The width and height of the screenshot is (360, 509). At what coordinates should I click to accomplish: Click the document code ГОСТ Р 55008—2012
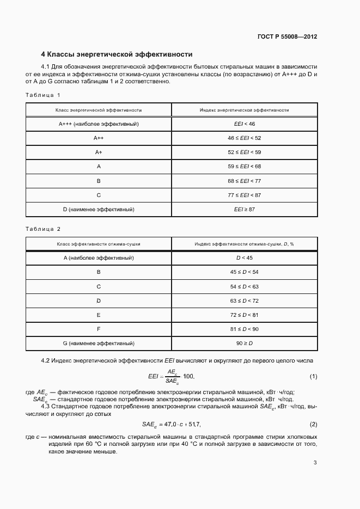tap(287, 36)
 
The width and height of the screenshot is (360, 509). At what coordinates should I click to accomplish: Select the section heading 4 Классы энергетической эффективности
tap(117, 54)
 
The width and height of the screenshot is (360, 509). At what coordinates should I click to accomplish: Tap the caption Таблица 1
tap(42, 95)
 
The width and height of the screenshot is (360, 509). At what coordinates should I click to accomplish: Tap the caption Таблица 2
tap(42, 229)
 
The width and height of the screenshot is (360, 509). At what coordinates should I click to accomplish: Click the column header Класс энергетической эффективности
tap(99, 110)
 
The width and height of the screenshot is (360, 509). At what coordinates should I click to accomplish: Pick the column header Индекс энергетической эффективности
tap(245, 110)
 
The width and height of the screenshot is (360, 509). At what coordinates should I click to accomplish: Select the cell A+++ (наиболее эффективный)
tap(99, 124)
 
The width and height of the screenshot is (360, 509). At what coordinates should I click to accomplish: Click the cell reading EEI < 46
tap(245, 124)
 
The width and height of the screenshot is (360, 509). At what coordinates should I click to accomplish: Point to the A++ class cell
tap(99, 138)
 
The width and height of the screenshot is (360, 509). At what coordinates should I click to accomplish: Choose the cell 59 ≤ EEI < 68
tap(245, 167)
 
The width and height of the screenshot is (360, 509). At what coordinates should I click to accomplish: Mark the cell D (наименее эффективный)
tap(99, 209)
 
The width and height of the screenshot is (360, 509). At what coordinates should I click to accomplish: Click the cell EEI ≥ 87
tap(245, 209)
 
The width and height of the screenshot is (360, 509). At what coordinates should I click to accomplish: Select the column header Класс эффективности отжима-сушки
tap(99, 243)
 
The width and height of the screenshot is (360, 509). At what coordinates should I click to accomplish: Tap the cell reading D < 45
tap(245, 257)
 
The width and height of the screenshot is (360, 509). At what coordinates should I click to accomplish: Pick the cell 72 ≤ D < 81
tap(245, 315)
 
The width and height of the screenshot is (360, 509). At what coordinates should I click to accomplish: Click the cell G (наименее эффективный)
tap(99, 344)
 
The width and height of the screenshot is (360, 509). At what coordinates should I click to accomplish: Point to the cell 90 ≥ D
tap(245, 344)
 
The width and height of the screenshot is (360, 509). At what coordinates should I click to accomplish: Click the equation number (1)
tap(313, 377)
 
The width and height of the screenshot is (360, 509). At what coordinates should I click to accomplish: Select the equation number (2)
tap(313, 424)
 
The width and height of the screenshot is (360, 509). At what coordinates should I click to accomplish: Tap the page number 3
tap(315, 463)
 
